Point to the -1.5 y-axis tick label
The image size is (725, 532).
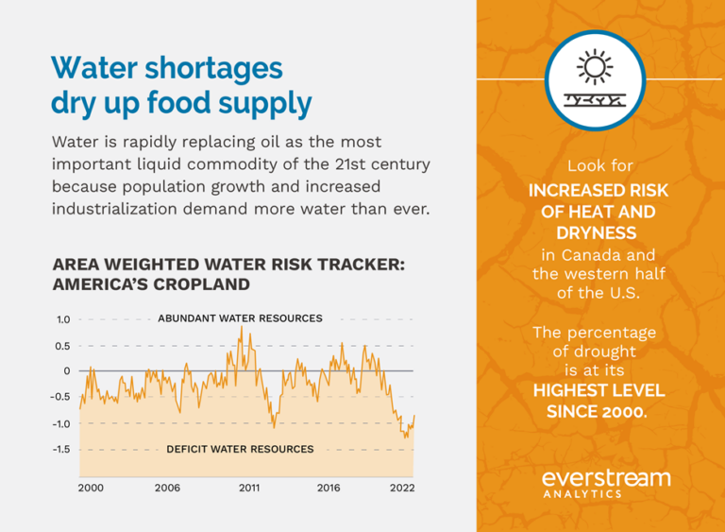pyautogui.click(x=61, y=449)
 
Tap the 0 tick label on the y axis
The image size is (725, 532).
pyautogui.click(x=67, y=370)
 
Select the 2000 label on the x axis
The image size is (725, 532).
pyautogui.click(x=91, y=488)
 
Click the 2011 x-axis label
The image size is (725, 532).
pyautogui.click(x=249, y=488)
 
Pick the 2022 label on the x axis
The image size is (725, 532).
pyautogui.click(x=401, y=488)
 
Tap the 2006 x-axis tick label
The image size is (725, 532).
pyautogui.click(x=167, y=488)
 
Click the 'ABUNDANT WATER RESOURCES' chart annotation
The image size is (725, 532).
pyautogui.click(x=240, y=318)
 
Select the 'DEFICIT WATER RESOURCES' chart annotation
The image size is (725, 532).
pyautogui.click(x=240, y=449)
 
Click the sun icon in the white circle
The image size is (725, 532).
pyautogui.click(x=595, y=67)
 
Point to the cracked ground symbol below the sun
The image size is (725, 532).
pyautogui.click(x=595, y=98)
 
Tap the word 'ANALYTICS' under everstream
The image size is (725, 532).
pyautogui.click(x=582, y=493)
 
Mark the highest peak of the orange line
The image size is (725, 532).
pyautogui.click(x=242, y=327)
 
